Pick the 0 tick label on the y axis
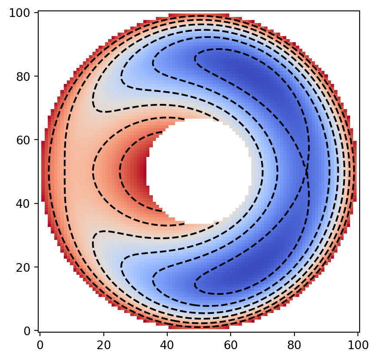pyautogui.click(x=29, y=331)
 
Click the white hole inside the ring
pyautogui.click(x=200, y=172)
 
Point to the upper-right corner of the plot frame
pyautogui.click(x=359, y=11)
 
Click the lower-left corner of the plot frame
pyautogui.click(x=38, y=332)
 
